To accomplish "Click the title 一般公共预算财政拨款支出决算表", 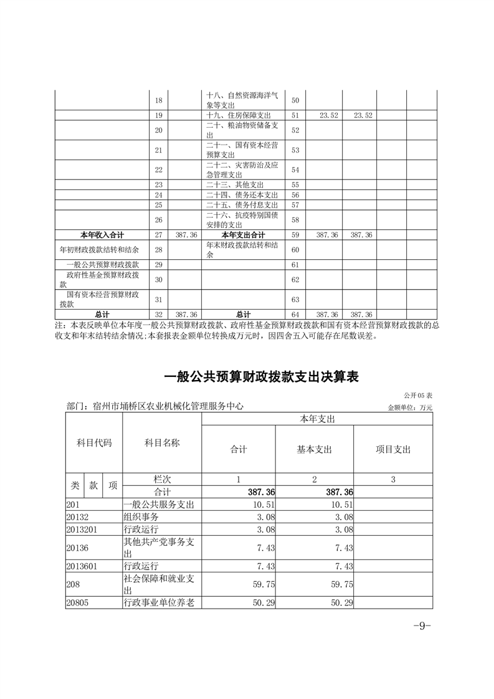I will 262,378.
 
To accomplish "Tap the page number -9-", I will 422,626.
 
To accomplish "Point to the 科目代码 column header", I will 94,443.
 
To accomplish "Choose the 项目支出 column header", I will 393,449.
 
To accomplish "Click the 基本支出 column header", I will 315,449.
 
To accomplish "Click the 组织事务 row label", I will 141,517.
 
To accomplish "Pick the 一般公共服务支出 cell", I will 159,505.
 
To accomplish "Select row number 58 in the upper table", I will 295,220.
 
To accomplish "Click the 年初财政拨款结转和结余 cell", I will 98,249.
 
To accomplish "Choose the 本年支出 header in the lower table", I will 317,420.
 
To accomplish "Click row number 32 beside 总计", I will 158,315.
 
